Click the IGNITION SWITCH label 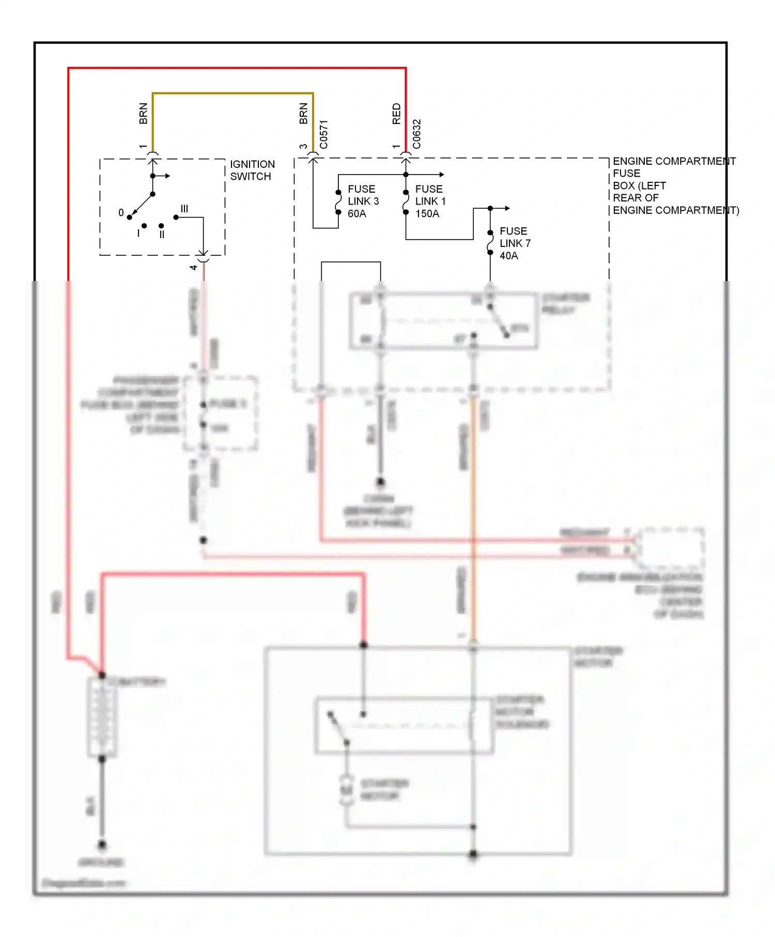pos(252,170)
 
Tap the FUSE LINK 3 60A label pos(363,201)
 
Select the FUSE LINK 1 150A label pos(430,201)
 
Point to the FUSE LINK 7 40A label pos(514,243)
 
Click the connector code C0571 pos(324,135)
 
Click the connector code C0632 pos(417,134)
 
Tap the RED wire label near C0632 pos(396,114)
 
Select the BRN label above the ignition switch pos(143,114)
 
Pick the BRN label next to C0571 pos(303,114)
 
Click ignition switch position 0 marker pos(121,213)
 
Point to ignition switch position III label pos(184,209)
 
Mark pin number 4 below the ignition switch pos(193,268)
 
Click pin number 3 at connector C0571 pos(303,147)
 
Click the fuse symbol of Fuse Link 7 pos(490,243)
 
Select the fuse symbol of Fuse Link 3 pos(338,202)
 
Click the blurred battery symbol pos(102,717)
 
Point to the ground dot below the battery pos(102,845)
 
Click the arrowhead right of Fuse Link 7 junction pos(507,208)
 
